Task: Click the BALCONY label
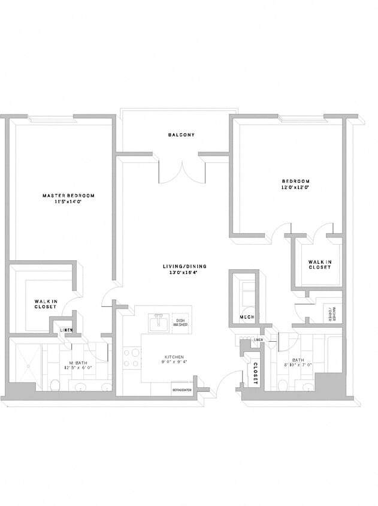(181, 135)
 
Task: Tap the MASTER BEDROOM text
(68, 195)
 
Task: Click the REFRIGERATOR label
(182, 390)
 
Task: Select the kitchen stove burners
(131, 357)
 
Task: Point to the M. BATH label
(80, 363)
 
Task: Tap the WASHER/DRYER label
(330, 315)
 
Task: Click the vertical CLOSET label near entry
(255, 372)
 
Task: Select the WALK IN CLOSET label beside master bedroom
(46, 304)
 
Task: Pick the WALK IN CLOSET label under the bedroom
(319, 264)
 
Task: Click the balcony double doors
(182, 171)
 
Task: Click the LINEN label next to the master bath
(66, 330)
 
